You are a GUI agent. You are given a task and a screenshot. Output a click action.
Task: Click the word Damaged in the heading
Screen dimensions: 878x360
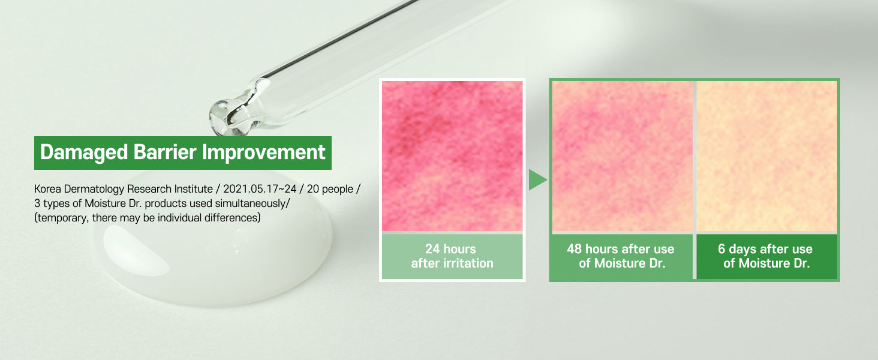(x=84, y=152)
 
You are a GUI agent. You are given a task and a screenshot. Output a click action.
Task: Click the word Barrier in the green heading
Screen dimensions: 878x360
(x=164, y=152)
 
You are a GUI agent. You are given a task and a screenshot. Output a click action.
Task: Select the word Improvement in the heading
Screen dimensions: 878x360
(x=263, y=152)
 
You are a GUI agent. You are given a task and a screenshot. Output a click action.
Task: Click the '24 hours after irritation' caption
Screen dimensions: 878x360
(x=452, y=256)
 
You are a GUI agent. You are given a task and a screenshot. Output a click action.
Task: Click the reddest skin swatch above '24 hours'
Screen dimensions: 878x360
(x=452, y=156)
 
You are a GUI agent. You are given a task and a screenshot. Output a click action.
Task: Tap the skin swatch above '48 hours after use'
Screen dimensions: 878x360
(x=622, y=156)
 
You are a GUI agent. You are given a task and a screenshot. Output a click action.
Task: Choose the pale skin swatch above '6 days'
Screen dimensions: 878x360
(x=766, y=156)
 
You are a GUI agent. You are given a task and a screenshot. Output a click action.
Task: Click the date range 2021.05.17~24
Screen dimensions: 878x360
(x=260, y=189)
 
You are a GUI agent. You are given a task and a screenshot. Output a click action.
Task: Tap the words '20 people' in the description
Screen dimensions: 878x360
(x=330, y=190)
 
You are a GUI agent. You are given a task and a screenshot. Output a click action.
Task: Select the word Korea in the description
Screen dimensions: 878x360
(x=47, y=189)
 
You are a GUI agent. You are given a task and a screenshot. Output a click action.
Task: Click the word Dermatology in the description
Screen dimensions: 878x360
(x=94, y=190)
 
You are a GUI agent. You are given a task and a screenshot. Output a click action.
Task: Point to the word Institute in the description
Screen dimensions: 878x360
(x=193, y=189)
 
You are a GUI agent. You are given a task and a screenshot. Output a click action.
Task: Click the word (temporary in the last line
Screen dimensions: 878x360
(x=62, y=218)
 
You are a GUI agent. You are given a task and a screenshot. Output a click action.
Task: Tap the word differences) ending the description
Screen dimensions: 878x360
(x=233, y=218)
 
